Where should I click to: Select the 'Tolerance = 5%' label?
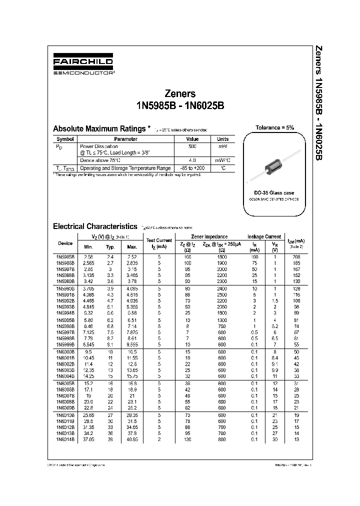coord(274,127)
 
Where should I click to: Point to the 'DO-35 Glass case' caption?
coord(274,192)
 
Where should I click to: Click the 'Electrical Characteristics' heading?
coord(94,226)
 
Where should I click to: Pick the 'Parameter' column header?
coord(125,139)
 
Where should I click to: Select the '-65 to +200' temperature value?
coord(192,168)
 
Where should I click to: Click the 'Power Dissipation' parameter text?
coord(99,146)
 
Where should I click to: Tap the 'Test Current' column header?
coord(159,243)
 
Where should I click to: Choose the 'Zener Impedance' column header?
coord(209,236)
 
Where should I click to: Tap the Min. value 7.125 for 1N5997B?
coord(88,331)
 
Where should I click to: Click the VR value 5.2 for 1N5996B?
coord(274,325)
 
